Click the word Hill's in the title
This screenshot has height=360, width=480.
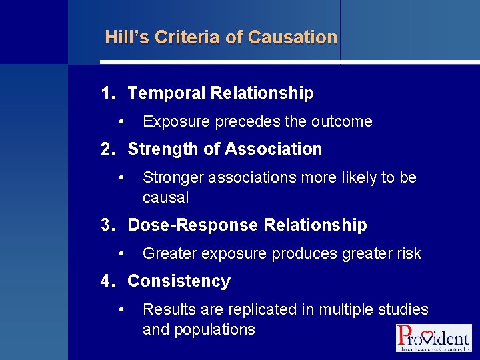click(x=127, y=37)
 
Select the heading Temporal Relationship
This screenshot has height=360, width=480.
click(x=220, y=93)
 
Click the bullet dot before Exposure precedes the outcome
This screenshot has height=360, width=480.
click(x=121, y=122)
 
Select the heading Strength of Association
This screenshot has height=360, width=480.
click(x=225, y=149)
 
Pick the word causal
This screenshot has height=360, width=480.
click(x=165, y=198)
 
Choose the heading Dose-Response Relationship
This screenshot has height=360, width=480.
click(x=247, y=225)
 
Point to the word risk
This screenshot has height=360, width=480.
click(x=409, y=254)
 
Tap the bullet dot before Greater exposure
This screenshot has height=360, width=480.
click(x=121, y=254)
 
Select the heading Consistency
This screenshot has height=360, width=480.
click(x=179, y=281)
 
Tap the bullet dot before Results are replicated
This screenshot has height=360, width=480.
click(x=121, y=310)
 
